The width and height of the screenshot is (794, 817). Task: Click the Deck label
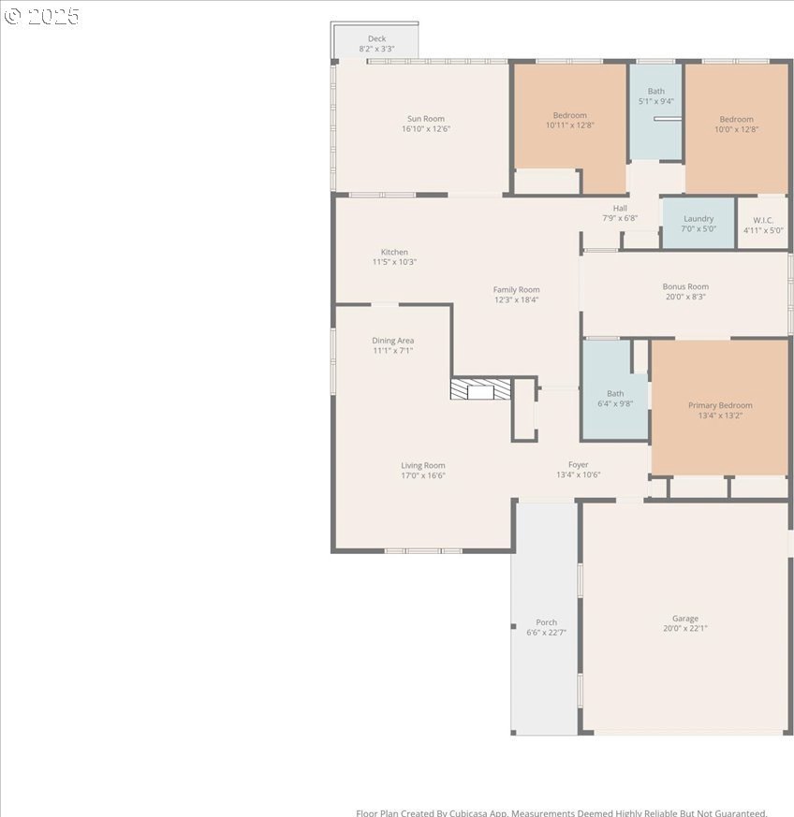tap(376, 38)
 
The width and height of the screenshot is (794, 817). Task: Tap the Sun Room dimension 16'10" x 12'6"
tap(426, 129)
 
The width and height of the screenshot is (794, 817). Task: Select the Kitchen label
tap(394, 252)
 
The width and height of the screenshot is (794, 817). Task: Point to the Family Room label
tap(516, 289)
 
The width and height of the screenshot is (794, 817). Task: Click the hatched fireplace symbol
tap(480, 389)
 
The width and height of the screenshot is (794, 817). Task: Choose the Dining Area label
tap(392, 341)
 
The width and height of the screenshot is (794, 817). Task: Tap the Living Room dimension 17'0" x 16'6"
tap(423, 475)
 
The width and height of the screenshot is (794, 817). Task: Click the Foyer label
tap(578, 464)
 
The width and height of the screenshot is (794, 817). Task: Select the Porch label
tap(547, 622)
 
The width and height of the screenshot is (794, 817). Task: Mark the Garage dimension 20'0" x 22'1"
tap(685, 628)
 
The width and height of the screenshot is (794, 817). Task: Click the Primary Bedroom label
tap(720, 405)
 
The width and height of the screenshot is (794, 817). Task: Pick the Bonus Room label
tap(685, 286)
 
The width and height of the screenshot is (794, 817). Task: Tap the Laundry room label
tap(698, 219)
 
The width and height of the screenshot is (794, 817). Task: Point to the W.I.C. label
tap(763, 220)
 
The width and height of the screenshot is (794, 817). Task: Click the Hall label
tap(620, 208)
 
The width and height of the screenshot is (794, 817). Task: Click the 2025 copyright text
tap(42, 16)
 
